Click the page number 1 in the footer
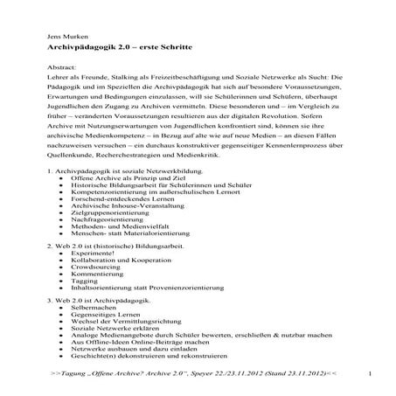point(372,373)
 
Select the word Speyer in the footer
point(208,373)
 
